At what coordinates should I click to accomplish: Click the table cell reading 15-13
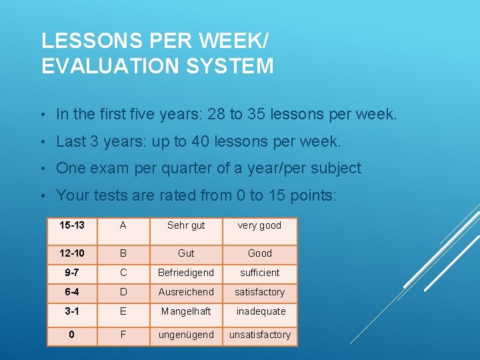[71, 225]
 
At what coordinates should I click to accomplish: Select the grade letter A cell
[123, 225]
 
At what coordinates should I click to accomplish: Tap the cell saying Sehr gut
[186, 225]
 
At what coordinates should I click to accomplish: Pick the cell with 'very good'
[259, 225]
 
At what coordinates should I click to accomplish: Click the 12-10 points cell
[71, 253]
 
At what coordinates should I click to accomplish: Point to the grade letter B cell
[123, 253]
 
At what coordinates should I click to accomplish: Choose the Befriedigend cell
[186, 273]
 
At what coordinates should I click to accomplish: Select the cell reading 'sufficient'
[259, 273]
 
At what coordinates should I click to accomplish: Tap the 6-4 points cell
[71, 292]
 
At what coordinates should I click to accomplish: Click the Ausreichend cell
[186, 292]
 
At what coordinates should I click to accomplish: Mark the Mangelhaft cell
[186, 311]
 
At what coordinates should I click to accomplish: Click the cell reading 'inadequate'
[259, 311]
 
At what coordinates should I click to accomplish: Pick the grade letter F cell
[123, 335]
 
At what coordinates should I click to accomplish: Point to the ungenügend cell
[186, 335]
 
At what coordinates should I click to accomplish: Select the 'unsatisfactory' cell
[259, 335]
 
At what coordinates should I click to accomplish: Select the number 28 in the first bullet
[217, 115]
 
